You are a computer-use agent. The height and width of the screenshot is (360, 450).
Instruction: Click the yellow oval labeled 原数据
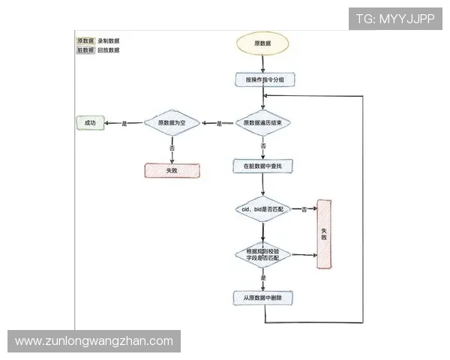[x=263, y=43]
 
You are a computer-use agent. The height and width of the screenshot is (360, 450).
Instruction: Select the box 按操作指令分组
[x=262, y=79]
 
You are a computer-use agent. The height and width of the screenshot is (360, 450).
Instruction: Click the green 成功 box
[x=90, y=123]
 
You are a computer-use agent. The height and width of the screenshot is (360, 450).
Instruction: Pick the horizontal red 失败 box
[x=172, y=170]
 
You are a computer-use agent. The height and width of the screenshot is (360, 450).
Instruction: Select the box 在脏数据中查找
[x=262, y=164]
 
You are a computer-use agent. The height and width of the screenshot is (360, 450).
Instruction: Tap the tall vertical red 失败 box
[x=324, y=233]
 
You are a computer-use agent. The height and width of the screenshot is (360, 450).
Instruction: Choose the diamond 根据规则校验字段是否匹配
[x=262, y=254]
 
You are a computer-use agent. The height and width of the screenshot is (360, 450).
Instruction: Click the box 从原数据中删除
[x=262, y=298]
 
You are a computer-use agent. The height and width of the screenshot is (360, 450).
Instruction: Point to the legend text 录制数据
[x=108, y=40]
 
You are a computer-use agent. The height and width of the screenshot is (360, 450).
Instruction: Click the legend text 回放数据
[x=108, y=50]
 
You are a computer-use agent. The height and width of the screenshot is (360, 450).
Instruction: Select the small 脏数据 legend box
[x=85, y=50]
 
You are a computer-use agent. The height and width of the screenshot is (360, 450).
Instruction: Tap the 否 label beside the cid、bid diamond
[x=304, y=209]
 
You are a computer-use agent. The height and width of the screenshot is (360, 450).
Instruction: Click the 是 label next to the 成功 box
[x=124, y=123]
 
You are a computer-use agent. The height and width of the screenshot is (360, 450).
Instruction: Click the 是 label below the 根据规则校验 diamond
[x=262, y=278]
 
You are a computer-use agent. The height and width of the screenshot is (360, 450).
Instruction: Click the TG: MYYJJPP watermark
[x=394, y=19]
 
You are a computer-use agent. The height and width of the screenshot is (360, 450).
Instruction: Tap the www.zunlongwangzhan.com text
[x=94, y=341]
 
